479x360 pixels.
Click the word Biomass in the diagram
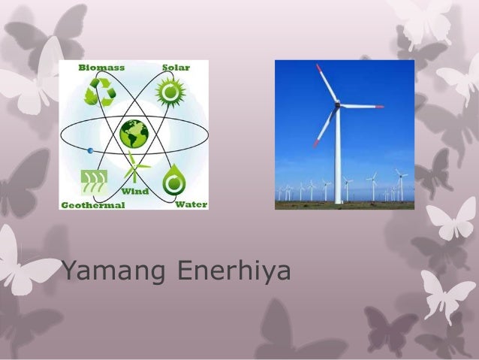(x=101, y=67)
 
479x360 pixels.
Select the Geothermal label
(x=92, y=204)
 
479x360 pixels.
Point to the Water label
(x=191, y=204)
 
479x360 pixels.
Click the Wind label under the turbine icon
(x=135, y=192)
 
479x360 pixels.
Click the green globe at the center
(x=134, y=134)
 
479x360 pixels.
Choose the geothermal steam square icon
(x=94, y=183)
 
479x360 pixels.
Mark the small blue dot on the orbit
(x=90, y=151)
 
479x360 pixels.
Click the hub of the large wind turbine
(x=337, y=106)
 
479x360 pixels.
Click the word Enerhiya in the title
(x=233, y=272)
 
